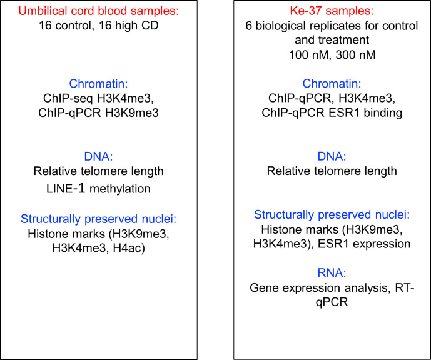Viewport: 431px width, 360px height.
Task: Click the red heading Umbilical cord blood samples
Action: point(98,11)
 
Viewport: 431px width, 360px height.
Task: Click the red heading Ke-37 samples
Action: point(332,11)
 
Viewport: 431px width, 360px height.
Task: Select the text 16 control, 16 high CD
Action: point(99,26)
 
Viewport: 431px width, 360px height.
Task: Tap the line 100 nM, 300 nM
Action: point(332,54)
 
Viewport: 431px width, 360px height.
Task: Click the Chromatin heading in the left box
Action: point(98,84)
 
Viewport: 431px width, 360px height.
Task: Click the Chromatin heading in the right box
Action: point(332,84)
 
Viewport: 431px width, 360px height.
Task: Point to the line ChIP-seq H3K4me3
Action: point(98,98)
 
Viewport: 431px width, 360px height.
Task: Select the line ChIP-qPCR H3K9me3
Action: point(98,113)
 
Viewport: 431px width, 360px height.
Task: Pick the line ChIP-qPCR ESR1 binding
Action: point(332,113)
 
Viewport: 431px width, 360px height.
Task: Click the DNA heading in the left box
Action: point(98,156)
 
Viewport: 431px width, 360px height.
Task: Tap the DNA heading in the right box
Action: point(332,156)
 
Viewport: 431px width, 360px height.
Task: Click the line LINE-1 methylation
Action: point(98,189)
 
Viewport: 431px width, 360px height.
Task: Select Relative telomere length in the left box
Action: point(98,171)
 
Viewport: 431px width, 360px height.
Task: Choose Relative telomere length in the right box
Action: point(332,171)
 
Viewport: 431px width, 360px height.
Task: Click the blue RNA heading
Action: point(332,273)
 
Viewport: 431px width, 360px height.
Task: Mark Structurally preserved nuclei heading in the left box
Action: point(98,219)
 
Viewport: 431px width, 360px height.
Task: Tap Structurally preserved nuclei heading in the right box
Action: point(332,214)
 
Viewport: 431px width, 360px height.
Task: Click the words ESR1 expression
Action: point(364,244)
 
